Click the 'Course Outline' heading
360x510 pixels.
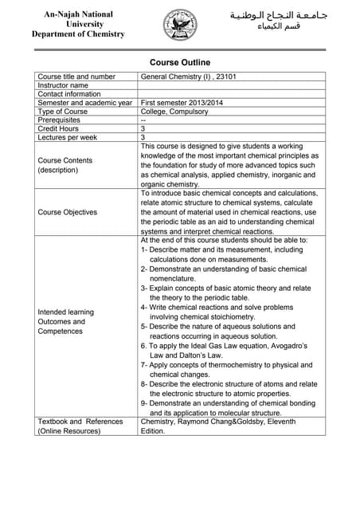tap(180, 62)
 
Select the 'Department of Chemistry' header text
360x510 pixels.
tap(78, 34)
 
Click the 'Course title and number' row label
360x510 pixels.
tap(76, 77)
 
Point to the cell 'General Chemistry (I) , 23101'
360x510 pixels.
tap(188, 77)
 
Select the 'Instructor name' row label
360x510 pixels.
tap(63, 86)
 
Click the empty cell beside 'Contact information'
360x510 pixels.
tap(231, 94)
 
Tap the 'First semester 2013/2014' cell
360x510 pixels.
tap(182, 103)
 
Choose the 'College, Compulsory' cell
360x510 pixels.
tap(174, 112)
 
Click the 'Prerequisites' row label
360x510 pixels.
tap(59, 120)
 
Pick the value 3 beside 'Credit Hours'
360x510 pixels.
tap(143, 128)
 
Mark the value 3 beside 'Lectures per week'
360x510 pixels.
tap(143, 137)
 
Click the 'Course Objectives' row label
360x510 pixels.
tap(68, 212)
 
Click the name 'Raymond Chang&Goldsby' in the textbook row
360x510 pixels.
tap(221, 422)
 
